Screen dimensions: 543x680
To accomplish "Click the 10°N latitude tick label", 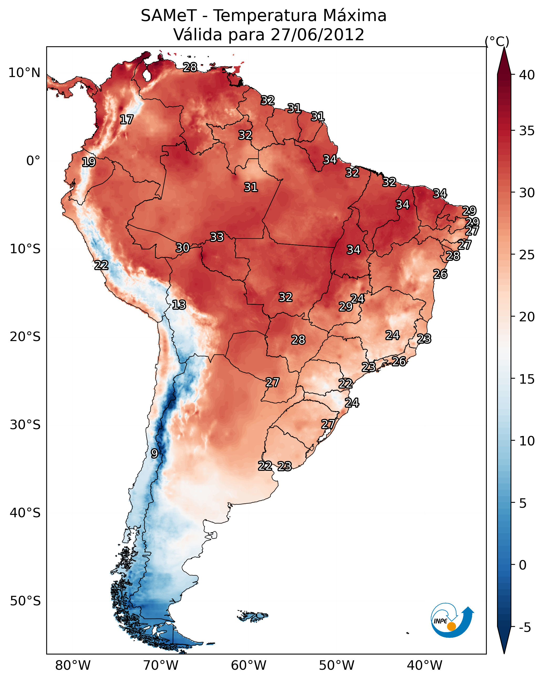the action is pyautogui.click(x=24, y=73).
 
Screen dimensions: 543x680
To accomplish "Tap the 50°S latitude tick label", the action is pyautogui.click(x=25, y=601).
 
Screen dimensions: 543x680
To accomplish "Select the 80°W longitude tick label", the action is pyautogui.click(x=73, y=666).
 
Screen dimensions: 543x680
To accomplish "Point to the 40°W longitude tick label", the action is pyautogui.click(x=425, y=666).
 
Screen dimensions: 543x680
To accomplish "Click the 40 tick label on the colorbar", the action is pyautogui.click(x=527, y=75).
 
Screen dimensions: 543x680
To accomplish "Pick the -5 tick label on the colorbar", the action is pyautogui.click(x=525, y=628).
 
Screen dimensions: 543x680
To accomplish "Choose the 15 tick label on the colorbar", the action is pyautogui.click(x=527, y=379).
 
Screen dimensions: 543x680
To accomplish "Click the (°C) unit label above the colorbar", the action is pyautogui.click(x=497, y=41).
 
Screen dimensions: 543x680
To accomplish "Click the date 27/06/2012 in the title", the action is pyautogui.click(x=317, y=34).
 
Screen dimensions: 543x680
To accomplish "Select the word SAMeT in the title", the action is pyautogui.click(x=169, y=16).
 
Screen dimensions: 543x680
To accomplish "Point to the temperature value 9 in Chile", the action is pyautogui.click(x=154, y=454).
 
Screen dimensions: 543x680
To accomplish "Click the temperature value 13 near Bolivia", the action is pyautogui.click(x=179, y=305).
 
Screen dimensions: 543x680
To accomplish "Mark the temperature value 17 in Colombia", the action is pyautogui.click(x=126, y=120).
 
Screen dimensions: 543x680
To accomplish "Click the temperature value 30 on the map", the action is pyautogui.click(x=183, y=248).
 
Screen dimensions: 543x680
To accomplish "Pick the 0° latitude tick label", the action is pyautogui.click(x=33, y=161).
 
